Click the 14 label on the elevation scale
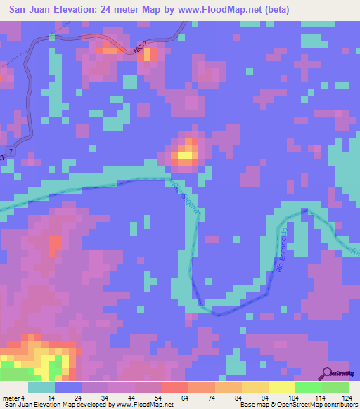pyautogui.click(x=51, y=398)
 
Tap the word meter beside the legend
pyautogui.click(x=10, y=398)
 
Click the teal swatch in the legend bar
pyautogui.click(x=41, y=387)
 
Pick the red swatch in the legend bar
pyautogui.click(x=174, y=387)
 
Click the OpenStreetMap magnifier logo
pyautogui.click(x=328, y=373)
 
